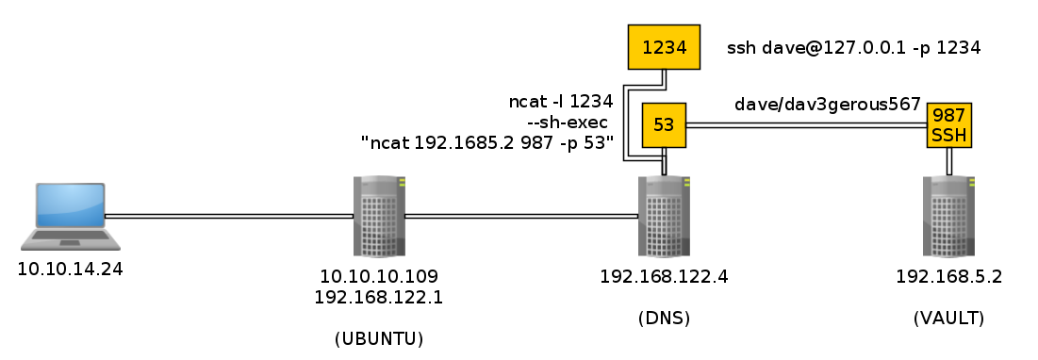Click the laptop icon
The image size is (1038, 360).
coord(70,217)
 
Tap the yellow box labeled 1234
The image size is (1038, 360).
coord(664,47)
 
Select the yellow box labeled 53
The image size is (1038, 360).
coord(664,124)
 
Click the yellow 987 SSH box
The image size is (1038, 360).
coord(949,125)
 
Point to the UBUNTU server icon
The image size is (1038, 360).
coord(379,216)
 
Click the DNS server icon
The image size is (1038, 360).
coord(664,216)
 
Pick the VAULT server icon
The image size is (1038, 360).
coord(948,216)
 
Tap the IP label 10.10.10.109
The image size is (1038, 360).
coord(379,276)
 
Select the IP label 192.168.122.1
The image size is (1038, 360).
coord(379,297)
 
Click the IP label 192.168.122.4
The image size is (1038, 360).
coord(664,276)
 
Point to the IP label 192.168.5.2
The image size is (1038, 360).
coord(948,276)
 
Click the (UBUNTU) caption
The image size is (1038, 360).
coord(379,339)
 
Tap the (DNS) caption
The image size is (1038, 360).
coord(664,319)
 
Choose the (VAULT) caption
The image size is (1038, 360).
coord(948,319)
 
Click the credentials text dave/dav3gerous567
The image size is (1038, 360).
coord(828,104)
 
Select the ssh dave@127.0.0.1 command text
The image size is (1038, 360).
coord(853,48)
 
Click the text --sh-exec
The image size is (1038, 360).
coord(571,123)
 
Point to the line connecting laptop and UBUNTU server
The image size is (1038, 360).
coord(229,216)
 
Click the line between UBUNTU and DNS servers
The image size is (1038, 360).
coord(521,216)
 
